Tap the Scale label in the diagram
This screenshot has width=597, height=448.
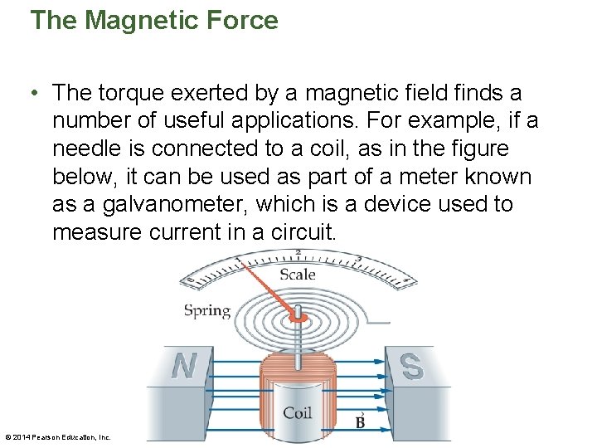pos(298,275)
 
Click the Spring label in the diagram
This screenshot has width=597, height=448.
pos(206,311)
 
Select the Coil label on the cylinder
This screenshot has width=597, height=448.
pos(298,412)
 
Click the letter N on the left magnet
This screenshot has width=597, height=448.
pos(183,366)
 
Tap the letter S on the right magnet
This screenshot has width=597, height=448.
pos(411,366)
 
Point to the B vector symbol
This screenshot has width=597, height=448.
pos(360,421)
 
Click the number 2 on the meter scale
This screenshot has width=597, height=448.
pos(298,251)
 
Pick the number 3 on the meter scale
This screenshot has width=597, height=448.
pos(357,260)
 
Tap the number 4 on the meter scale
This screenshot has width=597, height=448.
pos(405,282)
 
